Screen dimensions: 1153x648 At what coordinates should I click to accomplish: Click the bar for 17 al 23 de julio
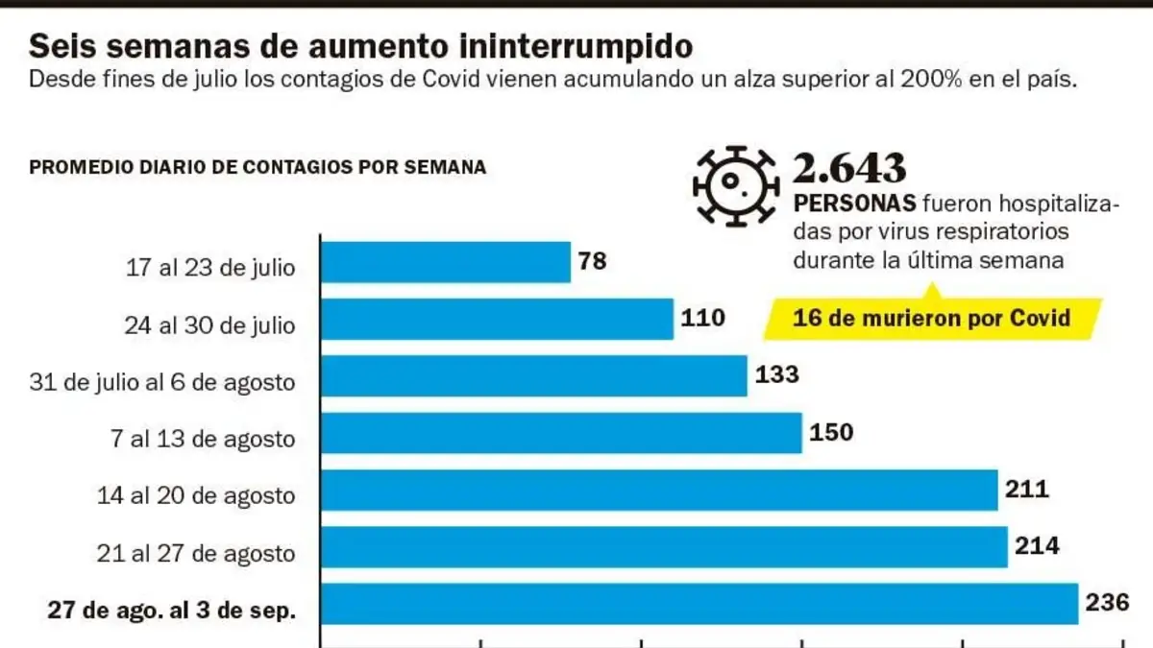[x=446, y=262]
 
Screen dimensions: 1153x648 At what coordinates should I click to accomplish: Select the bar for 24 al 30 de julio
[x=498, y=320]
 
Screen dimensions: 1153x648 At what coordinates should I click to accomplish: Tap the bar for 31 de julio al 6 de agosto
[x=534, y=376]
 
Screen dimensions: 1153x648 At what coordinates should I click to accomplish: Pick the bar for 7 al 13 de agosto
[x=561, y=433]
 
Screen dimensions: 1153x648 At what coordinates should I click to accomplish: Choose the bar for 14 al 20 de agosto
[x=659, y=491]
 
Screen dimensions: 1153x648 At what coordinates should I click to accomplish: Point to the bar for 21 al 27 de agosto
[x=664, y=547]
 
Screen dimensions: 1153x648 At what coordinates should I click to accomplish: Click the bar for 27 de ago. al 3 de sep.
[x=699, y=604]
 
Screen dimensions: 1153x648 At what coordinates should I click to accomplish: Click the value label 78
[x=593, y=261]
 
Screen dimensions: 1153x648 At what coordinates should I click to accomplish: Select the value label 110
[x=703, y=318]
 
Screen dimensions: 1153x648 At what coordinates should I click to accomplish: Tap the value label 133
[x=777, y=374]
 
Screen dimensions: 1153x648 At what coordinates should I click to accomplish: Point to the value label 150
[x=832, y=432]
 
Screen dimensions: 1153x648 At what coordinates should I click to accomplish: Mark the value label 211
[x=1027, y=489]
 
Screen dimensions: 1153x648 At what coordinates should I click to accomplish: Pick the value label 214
[x=1037, y=546]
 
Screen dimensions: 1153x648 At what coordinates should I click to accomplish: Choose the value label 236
[x=1108, y=603]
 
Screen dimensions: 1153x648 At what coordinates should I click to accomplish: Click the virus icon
[x=736, y=186]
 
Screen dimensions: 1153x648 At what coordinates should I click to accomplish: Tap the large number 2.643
[x=849, y=168]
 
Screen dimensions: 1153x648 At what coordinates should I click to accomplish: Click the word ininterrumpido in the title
[x=576, y=46]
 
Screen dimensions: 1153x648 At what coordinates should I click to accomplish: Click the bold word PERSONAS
[x=854, y=204]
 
